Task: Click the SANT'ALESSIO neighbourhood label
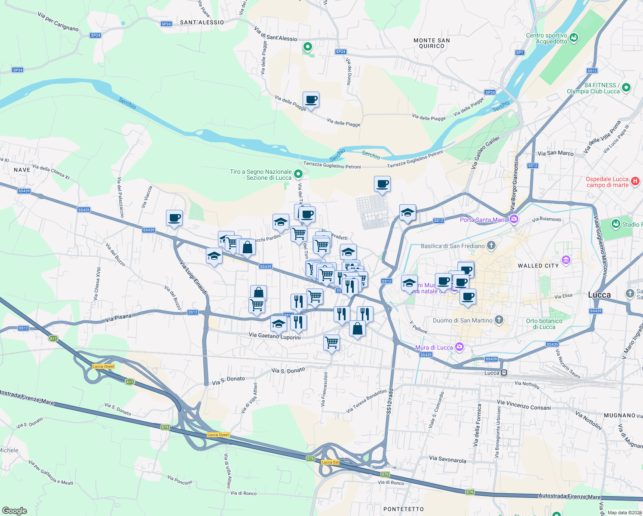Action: pyautogui.click(x=202, y=22)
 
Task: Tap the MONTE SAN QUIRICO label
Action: pyautogui.click(x=432, y=43)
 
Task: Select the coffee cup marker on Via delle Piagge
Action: pyautogui.click(x=311, y=100)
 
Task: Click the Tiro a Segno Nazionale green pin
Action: pyautogui.click(x=298, y=174)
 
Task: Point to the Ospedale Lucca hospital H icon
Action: pyautogui.click(x=635, y=181)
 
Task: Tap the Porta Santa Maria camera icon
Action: pyautogui.click(x=514, y=220)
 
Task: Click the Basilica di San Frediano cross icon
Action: pyautogui.click(x=491, y=246)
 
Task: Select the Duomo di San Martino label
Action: pyautogui.click(x=462, y=320)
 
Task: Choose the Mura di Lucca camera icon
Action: pyautogui.click(x=459, y=347)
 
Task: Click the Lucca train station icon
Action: pyautogui.click(x=504, y=372)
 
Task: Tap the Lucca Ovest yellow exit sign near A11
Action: pyautogui.click(x=104, y=366)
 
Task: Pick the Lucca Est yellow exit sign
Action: pyautogui.click(x=331, y=462)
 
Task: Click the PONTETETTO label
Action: pyautogui.click(x=403, y=509)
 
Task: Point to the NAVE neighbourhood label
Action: pyautogui.click(x=22, y=170)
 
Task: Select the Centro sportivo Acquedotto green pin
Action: pyautogui.click(x=573, y=38)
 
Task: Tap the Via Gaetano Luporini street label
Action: pyautogui.click(x=275, y=336)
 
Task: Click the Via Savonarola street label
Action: pyautogui.click(x=447, y=459)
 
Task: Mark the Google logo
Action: pyautogui.click(x=15, y=510)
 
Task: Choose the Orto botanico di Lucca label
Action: pyautogui.click(x=544, y=324)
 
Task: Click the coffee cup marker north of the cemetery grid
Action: pyautogui.click(x=382, y=184)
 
